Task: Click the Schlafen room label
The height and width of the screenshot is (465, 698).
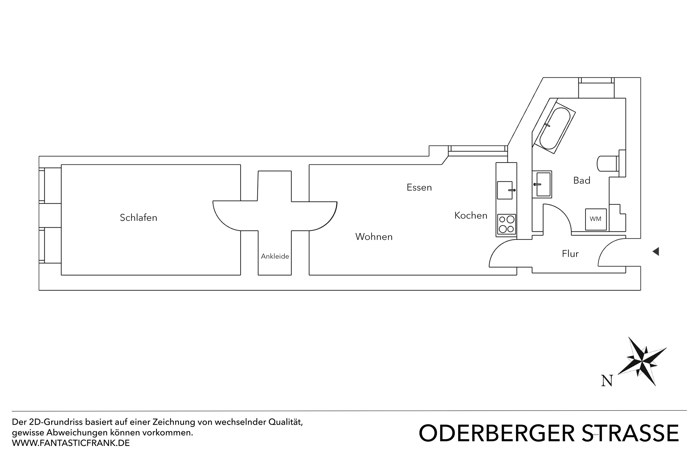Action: [x=138, y=218]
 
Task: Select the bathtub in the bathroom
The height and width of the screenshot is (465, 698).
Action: [x=555, y=128]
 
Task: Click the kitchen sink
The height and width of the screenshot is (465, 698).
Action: [x=505, y=190]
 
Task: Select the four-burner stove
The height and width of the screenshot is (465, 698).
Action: [x=506, y=224]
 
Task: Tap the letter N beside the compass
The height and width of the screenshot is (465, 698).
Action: [x=607, y=381]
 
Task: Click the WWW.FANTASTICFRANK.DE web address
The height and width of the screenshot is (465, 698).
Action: [x=71, y=443]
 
